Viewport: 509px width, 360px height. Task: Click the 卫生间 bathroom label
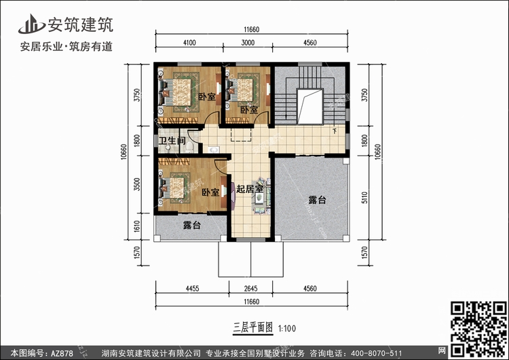point(172,141)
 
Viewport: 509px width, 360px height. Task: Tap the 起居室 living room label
point(250,189)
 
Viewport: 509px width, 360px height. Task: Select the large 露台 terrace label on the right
point(317,200)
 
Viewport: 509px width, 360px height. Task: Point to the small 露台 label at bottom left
point(192,225)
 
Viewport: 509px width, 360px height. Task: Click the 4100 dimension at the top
point(189,43)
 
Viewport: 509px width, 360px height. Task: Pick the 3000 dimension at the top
point(248,43)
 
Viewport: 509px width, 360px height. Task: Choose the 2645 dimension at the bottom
point(250,288)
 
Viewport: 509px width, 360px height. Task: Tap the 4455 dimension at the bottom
point(192,288)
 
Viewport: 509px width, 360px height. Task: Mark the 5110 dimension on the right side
point(364,198)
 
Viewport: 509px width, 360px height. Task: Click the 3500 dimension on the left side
point(137,184)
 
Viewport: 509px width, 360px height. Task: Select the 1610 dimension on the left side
point(137,226)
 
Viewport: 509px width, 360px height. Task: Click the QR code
point(478,329)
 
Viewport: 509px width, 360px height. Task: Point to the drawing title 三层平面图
point(253,327)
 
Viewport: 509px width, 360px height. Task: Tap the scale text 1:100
point(287,329)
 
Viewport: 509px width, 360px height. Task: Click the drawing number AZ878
point(62,353)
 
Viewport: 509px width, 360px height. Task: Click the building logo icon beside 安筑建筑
point(31,24)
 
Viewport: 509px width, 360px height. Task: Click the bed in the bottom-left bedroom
point(174,188)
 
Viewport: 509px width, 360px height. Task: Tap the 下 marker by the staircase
point(335,131)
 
